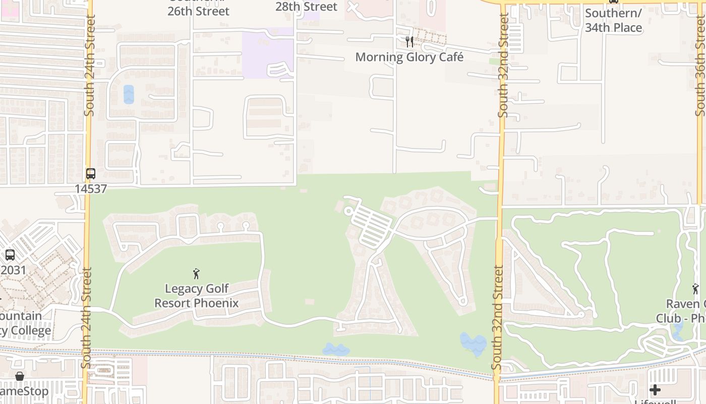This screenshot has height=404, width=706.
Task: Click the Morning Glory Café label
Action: coord(409,57)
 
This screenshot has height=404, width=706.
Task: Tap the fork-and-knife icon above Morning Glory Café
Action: coord(409,41)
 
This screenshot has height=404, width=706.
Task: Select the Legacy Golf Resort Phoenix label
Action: coord(196,296)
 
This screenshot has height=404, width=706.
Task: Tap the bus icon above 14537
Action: coord(91,174)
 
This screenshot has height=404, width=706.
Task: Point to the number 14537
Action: coord(91,189)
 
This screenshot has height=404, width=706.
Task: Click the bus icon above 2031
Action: coord(10,255)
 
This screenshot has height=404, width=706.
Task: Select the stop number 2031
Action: coord(13,270)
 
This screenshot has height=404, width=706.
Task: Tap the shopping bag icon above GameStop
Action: coord(20,376)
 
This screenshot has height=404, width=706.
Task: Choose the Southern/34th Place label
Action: coord(613,20)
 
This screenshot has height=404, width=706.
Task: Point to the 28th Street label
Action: coord(307,7)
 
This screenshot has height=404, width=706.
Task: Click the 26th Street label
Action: coord(198,11)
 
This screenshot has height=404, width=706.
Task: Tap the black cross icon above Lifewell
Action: coord(655,390)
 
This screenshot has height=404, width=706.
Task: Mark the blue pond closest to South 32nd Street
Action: coord(474,343)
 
